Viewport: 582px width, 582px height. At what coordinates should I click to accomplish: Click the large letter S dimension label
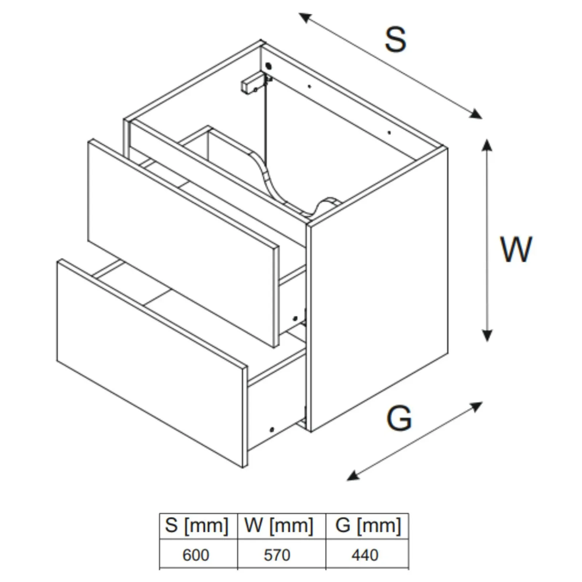pyautogui.click(x=395, y=39)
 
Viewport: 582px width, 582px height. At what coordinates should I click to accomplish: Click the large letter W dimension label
pyautogui.click(x=516, y=250)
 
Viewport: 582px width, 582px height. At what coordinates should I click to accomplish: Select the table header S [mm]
pyautogui.click(x=197, y=526)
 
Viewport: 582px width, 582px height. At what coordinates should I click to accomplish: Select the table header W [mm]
pyautogui.click(x=279, y=526)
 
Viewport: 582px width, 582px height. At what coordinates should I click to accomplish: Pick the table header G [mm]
pyautogui.click(x=368, y=526)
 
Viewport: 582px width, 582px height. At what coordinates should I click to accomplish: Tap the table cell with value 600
pyautogui.click(x=196, y=555)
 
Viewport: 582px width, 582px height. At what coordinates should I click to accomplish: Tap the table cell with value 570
pyautogui.click(x=277, y=555)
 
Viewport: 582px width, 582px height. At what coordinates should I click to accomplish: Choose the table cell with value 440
pyautogui.click(x=365, y=555)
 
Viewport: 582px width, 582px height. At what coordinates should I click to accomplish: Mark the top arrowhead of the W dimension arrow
pyautogui.click(x=487, y=145)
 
